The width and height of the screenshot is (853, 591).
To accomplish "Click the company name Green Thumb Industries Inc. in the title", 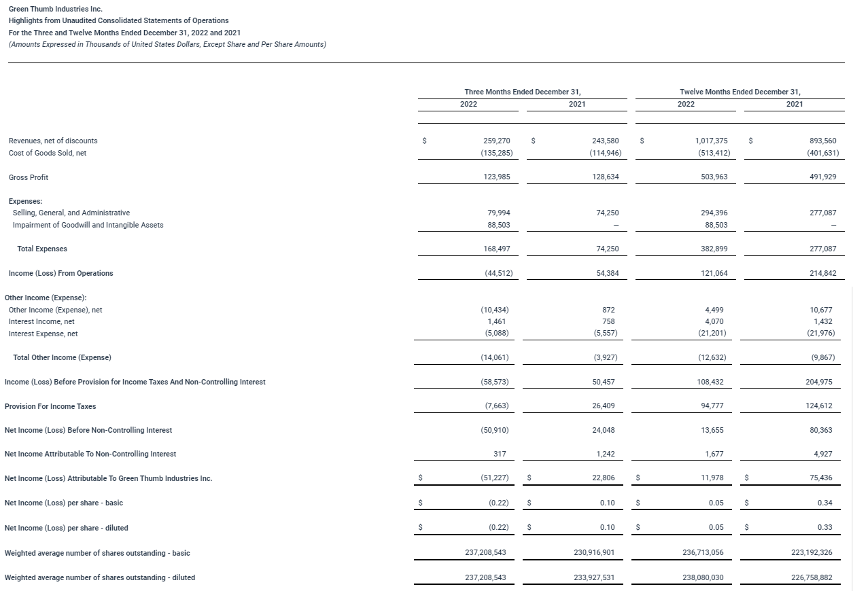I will (55, 10).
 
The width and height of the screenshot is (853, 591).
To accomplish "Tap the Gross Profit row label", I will (29, 177).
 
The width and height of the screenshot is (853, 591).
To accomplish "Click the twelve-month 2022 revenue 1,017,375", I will (712, 141).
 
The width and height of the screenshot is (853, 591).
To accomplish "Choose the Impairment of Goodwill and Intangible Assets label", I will (88, 225).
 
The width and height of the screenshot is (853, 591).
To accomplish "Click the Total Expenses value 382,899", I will (714, 249).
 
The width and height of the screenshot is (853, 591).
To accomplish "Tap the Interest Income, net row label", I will (41, 321).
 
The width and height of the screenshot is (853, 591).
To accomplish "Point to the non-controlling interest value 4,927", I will (823, 454).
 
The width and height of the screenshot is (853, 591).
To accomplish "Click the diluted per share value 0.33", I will (827, 528).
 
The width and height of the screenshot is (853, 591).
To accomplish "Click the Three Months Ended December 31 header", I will (522, 92).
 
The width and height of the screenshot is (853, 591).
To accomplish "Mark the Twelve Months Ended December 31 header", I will (739, 92).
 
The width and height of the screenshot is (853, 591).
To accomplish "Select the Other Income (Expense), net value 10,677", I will (823, 310).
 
